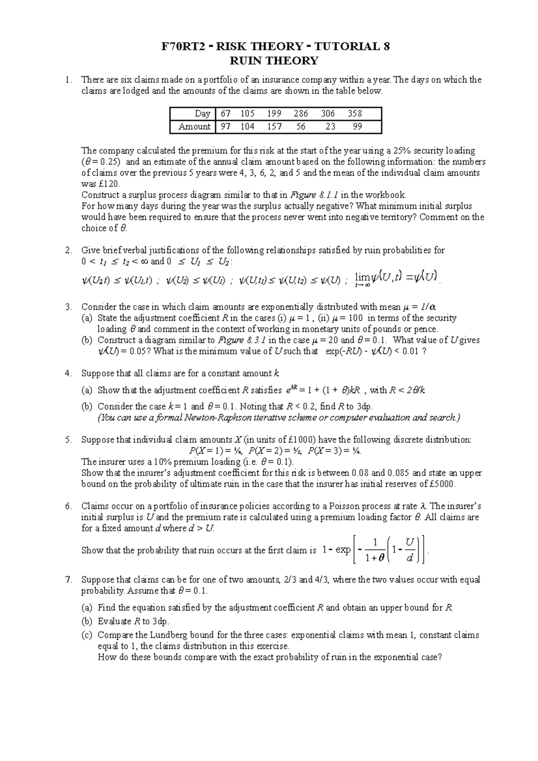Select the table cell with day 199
click(x=273, y=114)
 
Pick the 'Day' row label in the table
click(x=202, y=114)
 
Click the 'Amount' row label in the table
click(x=194, y=127)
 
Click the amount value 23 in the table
click(x=330, y=127)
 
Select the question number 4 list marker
click(x=68, y=373)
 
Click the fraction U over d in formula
click(x=408, y=551)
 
